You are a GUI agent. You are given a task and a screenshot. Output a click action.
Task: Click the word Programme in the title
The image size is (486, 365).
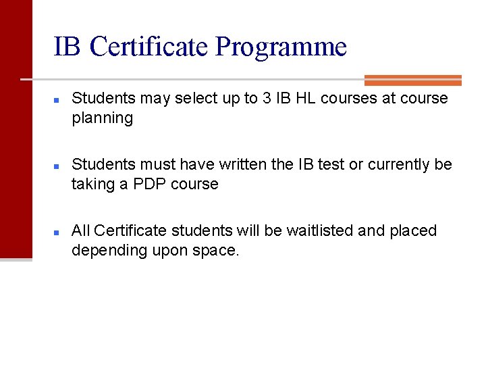[281, 47]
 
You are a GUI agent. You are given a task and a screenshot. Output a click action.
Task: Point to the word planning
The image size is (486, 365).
[103, 118]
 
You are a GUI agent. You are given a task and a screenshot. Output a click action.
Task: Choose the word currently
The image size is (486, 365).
[400, 164]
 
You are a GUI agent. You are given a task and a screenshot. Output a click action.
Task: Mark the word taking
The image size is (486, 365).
[93, 184]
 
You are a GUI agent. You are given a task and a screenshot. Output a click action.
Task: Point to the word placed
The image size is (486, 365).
[413, 230]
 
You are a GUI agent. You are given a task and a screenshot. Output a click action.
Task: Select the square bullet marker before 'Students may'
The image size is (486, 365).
[58, 99]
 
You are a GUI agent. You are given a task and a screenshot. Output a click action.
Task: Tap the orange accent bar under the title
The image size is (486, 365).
[412, 80]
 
